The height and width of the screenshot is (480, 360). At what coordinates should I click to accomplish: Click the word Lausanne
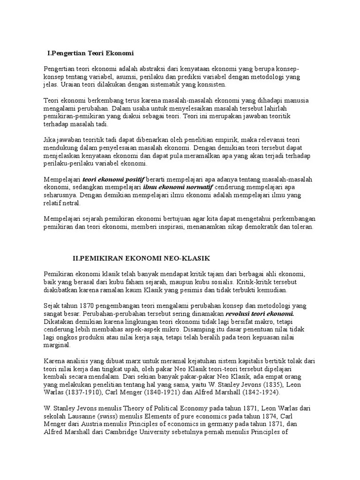[x=84, y=416]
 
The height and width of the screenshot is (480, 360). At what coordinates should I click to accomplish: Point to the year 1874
[x=276, y=416]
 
